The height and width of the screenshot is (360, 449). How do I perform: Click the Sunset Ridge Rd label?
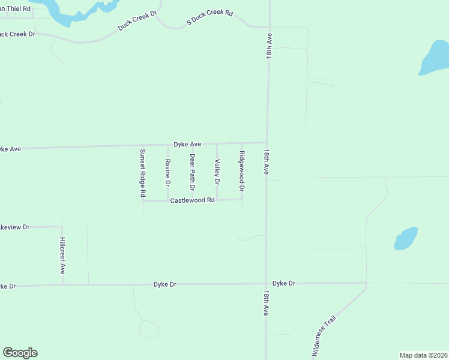[x=143, y=173]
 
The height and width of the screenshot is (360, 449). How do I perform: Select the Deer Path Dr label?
[x=193, y=169]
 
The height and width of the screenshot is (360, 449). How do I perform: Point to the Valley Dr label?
[x=217, y=171]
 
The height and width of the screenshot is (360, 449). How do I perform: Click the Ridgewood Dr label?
[x=242, y=171]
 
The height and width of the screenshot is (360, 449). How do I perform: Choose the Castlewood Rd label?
[x=192, y=200]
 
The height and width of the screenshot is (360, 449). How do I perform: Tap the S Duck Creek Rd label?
[x=209, y=17]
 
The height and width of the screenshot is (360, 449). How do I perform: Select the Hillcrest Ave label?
[x=62, y=255]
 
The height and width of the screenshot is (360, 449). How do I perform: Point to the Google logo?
[x=20, y=353]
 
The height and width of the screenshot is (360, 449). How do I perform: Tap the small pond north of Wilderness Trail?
[x=406, y=238]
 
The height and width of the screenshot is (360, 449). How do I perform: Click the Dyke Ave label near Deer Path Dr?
[x=187, y=144]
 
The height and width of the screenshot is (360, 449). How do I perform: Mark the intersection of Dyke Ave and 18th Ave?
[x=267, y=143]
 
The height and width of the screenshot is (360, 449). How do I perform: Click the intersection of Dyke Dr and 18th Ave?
[x=267, y=284]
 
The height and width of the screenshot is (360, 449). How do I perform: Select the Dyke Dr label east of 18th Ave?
[x=284, y=283]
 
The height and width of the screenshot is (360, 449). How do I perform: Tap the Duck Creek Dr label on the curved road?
[x=137, y=21]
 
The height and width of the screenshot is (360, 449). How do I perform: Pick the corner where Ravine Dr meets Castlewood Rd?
[x=167, y=200]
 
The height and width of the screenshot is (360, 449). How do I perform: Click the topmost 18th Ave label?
[x=270, y=46]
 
